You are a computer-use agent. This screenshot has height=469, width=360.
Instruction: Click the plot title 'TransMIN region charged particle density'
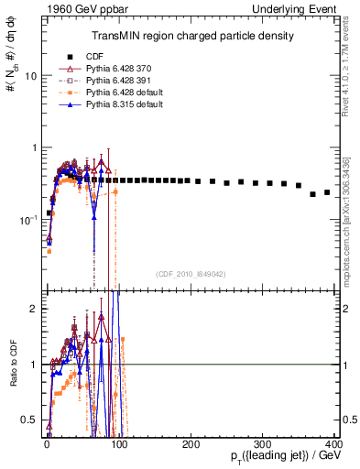coord(191,36)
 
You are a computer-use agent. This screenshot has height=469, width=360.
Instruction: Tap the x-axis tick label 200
coord(191,442)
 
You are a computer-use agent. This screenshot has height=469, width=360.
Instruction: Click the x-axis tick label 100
coord(119,442)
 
